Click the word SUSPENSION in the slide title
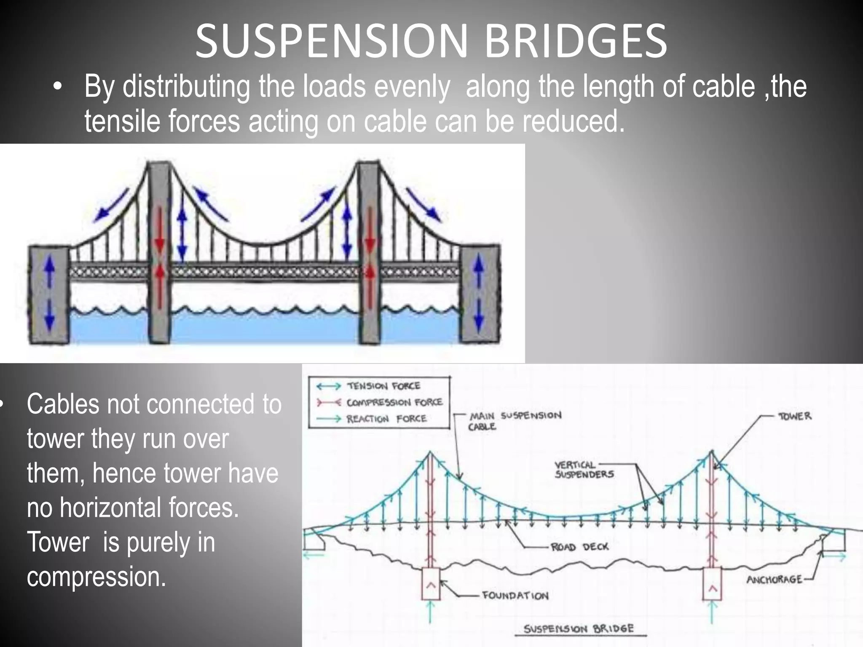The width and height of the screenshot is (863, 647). point(331,41)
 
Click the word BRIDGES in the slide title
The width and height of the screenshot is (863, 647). point(576,41)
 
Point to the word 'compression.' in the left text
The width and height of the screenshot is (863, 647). point(96,577)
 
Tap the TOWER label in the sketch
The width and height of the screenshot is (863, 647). point(795,416)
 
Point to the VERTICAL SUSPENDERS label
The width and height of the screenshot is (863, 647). point(584,470)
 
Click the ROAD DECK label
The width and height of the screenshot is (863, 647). point(579,547)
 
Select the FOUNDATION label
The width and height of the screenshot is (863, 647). point(515,596)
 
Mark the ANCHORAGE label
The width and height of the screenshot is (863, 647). point(774,580)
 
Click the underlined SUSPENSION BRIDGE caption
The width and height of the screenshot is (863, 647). point(578,629)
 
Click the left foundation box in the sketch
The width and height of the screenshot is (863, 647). point(430,584)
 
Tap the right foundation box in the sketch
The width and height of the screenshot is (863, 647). point(713,584)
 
